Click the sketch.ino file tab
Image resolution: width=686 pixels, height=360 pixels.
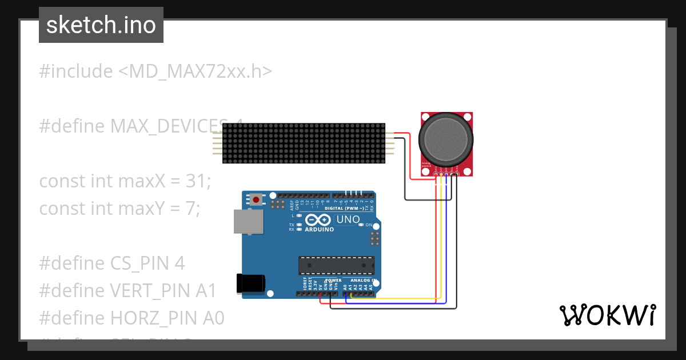click(101, 25)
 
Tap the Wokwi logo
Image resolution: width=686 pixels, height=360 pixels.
click(607, 315)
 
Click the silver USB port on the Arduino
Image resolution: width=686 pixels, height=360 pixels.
click(249, 221)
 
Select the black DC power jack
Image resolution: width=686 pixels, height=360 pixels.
click(251, 283)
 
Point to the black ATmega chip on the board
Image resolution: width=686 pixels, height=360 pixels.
click(336, 265)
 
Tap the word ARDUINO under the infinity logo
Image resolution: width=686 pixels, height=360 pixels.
click(320, 229)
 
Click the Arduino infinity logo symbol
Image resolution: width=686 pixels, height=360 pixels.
click(319, 220)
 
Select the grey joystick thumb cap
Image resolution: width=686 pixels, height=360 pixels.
click(446, 137)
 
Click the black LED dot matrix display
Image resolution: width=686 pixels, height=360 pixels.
click(303, 143)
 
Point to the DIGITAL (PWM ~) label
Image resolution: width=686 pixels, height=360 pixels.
click(344, 209)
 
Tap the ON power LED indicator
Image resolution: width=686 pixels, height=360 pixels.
click(361, 225)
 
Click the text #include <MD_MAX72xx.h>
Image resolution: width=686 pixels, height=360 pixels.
click(155, 71)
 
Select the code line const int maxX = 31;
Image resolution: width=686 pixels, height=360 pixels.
click(125, 181)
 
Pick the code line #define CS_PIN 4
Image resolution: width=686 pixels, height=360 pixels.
click(112, 263)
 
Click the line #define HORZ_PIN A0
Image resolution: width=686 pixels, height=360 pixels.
click(131, 318)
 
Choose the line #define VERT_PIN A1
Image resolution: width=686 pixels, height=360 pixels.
click(128, 291)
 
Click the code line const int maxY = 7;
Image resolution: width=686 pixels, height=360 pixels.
click(119, 209)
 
